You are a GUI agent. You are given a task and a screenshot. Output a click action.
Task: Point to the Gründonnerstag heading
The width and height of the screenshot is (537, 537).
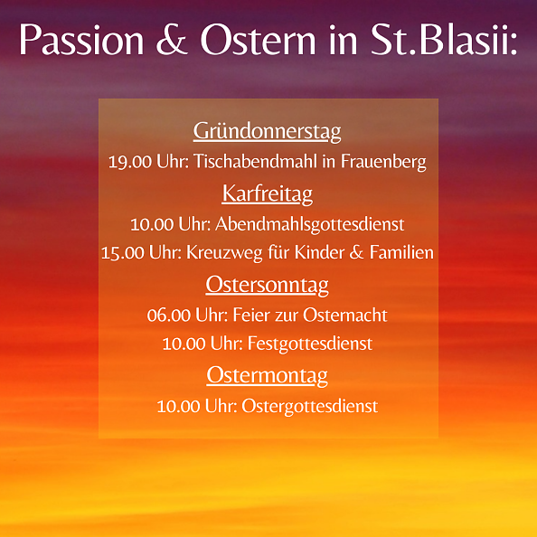268,132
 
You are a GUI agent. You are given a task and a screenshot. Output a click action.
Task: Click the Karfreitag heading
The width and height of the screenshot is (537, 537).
268,193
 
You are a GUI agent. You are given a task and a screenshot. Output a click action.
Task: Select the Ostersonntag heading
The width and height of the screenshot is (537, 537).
268,286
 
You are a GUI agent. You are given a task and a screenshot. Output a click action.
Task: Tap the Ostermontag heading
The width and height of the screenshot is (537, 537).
268,375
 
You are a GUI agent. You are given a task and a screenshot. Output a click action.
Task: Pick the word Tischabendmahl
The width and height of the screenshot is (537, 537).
250,163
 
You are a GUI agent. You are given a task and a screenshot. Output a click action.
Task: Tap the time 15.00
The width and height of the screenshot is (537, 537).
122,253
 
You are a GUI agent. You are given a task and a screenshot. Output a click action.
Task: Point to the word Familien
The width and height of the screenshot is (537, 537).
401,253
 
